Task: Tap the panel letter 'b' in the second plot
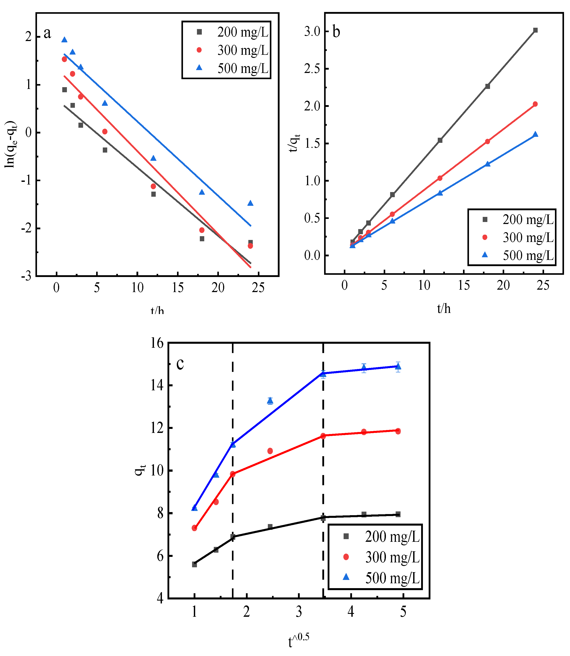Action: (x=336, y=32)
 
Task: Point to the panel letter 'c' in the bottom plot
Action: (x=180, y=364)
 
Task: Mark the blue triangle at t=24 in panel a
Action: (x=250, y=203)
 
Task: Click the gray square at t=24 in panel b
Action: (x=535, y=30)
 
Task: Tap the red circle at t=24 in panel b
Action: (x=535, y=104)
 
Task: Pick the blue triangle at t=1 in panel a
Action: (x=64, y=40)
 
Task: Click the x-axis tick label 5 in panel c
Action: (x=403, y=612)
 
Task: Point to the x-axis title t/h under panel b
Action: (x=444, y=308)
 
